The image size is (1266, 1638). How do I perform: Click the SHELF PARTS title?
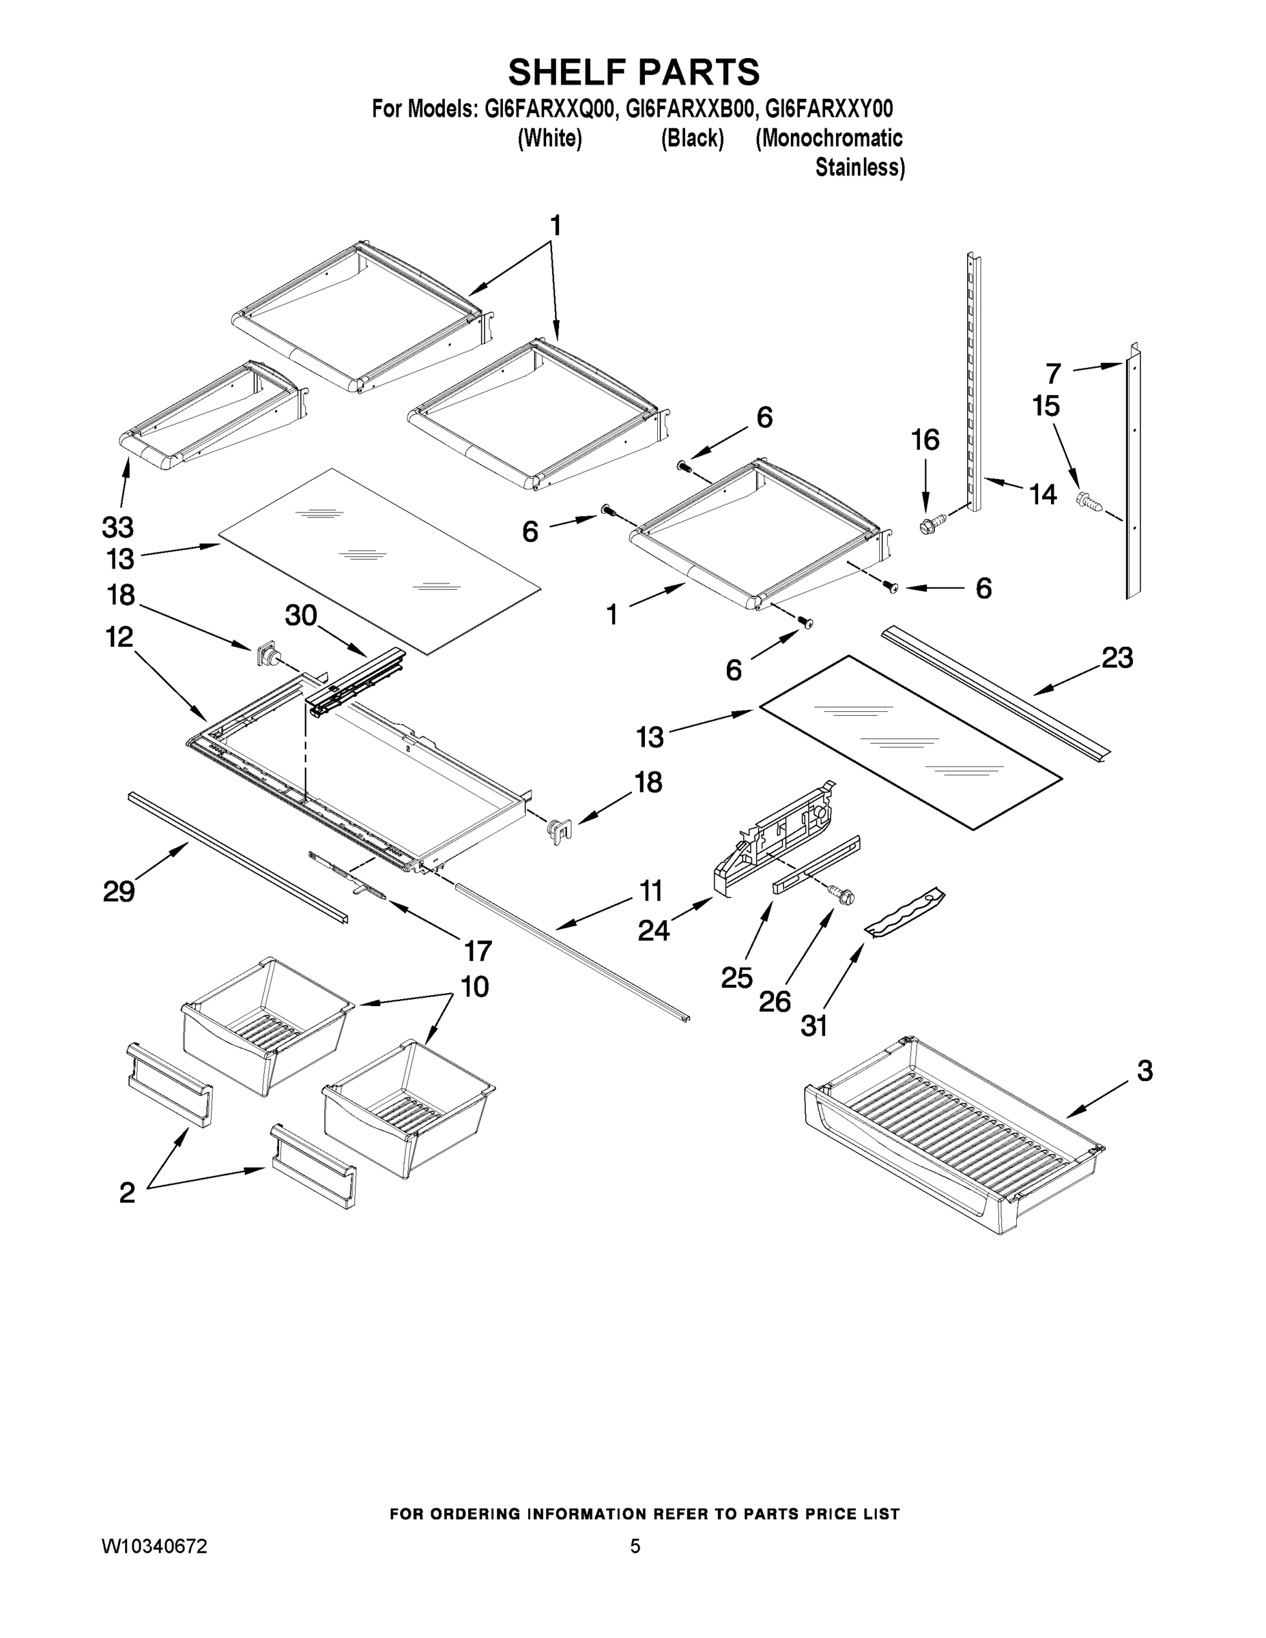point(634,73)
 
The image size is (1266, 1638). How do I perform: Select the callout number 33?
point(118,528)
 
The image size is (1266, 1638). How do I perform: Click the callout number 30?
point(301,616)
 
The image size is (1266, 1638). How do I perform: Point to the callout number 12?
point(119,637)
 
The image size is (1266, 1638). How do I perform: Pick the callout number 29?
point(119,892)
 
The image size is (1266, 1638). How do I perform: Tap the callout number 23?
point(1117,658)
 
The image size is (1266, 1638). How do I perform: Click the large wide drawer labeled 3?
point(953,1140)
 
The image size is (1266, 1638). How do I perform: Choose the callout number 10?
point(475,986)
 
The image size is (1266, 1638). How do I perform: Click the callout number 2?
point(128,1192)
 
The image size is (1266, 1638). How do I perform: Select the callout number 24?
point(653,931)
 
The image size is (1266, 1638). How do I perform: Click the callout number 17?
point(478,951)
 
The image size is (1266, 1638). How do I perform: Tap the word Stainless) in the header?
point(859,167)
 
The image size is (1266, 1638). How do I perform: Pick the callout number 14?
point(1043,494)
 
